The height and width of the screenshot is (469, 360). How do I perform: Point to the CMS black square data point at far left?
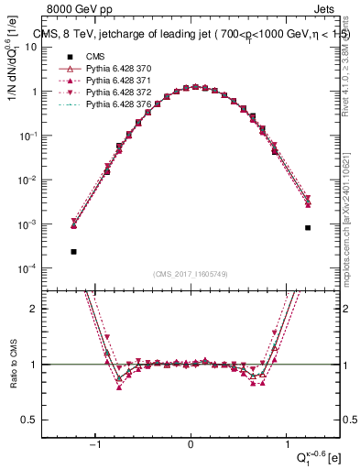pos(73,251)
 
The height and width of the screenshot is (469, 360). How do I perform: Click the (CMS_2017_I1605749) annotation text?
pos(191,274)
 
